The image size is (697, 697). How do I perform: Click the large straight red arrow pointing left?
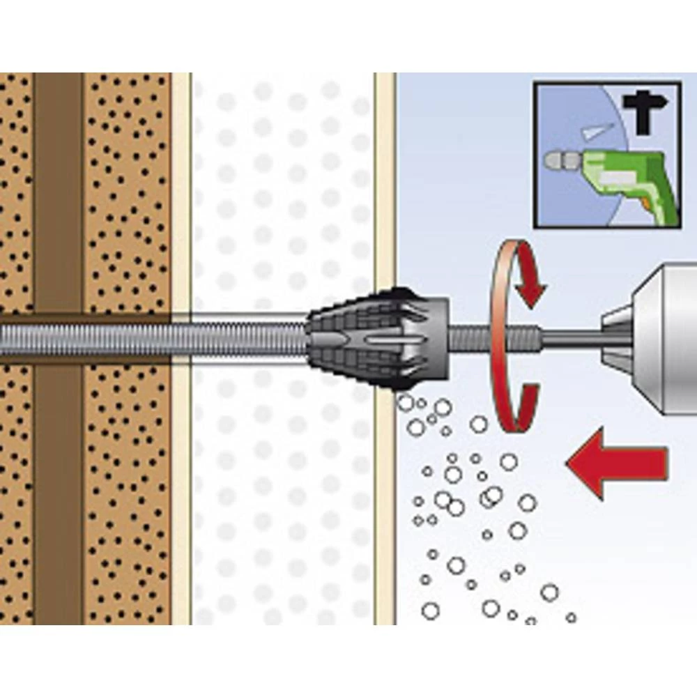click(x=617, y=463)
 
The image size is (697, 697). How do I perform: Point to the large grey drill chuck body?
click(x=669, y=335)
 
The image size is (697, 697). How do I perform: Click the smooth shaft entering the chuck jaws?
click(x=572, y=339)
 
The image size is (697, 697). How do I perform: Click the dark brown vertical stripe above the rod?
click(x=58, y=188)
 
